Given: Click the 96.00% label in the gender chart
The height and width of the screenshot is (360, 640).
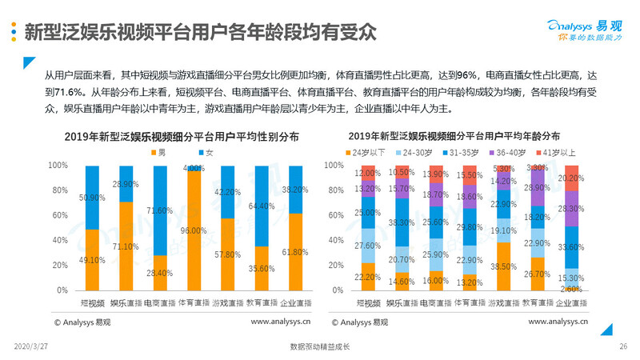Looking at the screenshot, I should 194,230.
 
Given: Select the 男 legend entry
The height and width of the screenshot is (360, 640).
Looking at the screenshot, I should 158,152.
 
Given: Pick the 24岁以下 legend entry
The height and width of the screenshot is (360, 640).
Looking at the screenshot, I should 369,152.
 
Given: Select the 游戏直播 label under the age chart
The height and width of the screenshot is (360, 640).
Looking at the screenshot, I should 505,302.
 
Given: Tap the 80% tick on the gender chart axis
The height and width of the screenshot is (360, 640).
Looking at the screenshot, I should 59,190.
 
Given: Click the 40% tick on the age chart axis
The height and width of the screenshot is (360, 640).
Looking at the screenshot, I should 334,240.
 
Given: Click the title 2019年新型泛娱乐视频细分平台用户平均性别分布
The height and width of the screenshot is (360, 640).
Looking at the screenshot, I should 174,137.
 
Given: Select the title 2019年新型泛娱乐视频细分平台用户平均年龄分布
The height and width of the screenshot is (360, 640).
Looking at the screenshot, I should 466,137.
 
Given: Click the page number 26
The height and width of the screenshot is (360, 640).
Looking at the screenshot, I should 622,346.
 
